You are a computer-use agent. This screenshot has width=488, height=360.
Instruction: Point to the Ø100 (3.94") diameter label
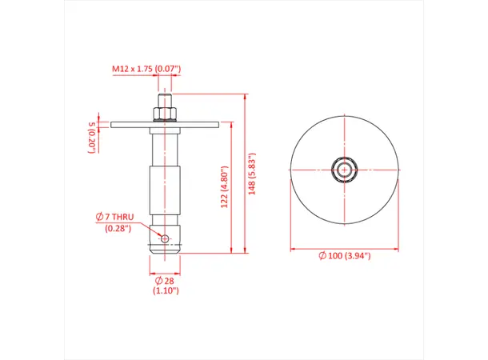tap(345, 255)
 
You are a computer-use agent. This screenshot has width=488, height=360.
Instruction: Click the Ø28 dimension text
tap(165, 282)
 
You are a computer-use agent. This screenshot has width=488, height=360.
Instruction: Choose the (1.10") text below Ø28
tap(165, 291)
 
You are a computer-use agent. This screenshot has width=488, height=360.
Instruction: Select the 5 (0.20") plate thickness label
tap(91, 134)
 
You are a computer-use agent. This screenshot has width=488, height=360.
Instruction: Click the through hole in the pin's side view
tap(165, 238)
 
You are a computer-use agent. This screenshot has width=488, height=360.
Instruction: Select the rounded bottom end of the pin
tap(165, 251)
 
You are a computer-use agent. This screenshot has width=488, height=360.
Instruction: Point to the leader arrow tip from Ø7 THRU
tap(160, 236)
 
